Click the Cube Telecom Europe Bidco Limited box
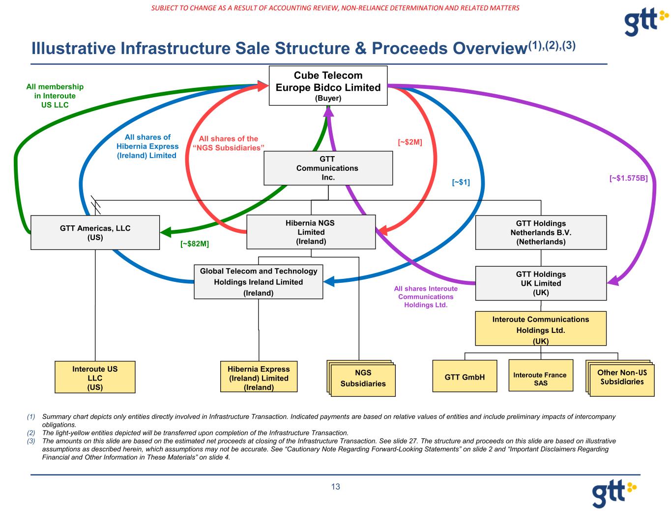pyautogui.click(x=328, y=85)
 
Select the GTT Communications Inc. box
pyautogui.click(x=328, y=168)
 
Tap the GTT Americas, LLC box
pyautogui.click(x=95, y=232)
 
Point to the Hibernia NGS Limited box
pyautogui.click(x=311, y=232)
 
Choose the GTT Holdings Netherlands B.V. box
pyautogui.click(x=541, y=232)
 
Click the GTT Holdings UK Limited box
pyautogui.click(x=541, y=283)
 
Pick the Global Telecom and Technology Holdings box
pyautogui.click(x=258, y=282)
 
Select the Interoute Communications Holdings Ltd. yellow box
pyautogui.click(x=540, y=330)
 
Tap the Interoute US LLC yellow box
pyautogui.click(x=95, y=378)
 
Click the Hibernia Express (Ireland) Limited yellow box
pyautogui.click(x=259, y=378)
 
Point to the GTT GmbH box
pyautogui.click(x=465, y=377)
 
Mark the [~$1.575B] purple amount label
pyautogui.click(x=628, y=179)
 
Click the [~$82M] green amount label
pyautogui.click(x=195, y=244)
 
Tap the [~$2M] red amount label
pyautogui.click(x=410, y=142)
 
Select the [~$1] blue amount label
pyautogui.click(x=461, y=183)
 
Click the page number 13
pyautogui.click(x=335, y=487)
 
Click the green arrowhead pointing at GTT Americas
pyautogui.click(x=166, y=231)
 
